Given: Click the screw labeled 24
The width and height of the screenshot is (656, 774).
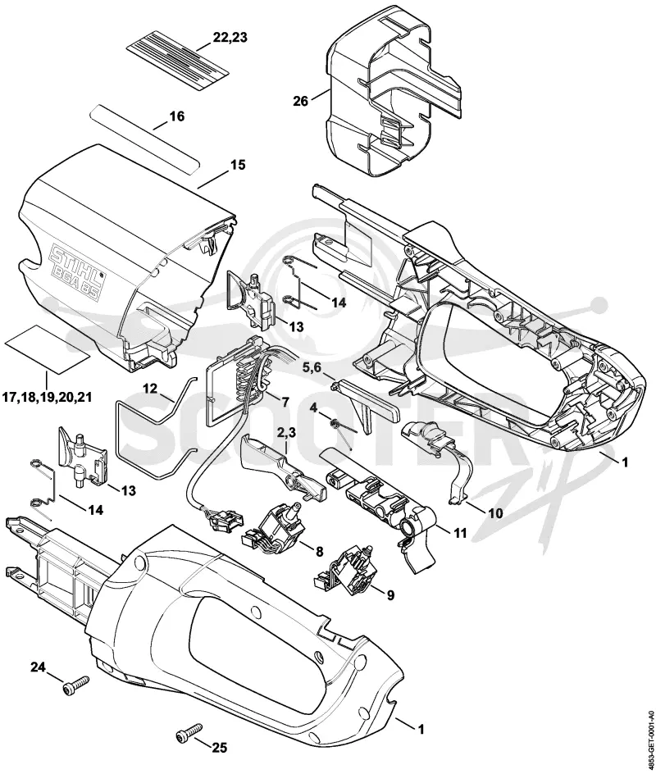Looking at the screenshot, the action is pos(75,685).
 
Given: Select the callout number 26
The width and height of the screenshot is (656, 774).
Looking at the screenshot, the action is pos(301,101).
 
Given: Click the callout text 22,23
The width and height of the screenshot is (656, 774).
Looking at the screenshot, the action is pos(230,38).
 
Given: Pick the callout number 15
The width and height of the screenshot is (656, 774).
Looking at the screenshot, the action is pos(238,164).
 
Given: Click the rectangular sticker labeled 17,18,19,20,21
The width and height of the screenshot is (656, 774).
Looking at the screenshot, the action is pos(48,348).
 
